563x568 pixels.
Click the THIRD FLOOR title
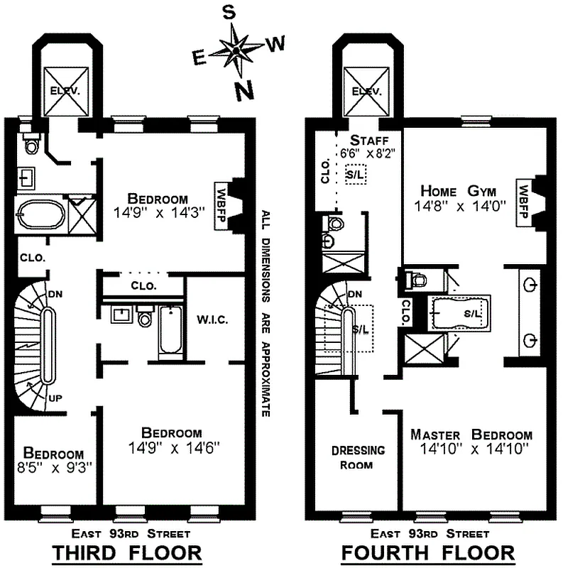point(129,552)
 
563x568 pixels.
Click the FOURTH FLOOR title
point(428,552)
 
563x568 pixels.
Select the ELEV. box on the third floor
point(67,91)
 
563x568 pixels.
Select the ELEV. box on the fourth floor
point(366,91)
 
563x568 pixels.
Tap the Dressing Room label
point(359,457)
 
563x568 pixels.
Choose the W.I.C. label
point(212,319)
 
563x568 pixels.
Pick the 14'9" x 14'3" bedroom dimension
point(157,212)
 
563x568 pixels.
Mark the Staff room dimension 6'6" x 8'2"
point(367,152)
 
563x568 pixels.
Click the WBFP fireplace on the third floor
point(221,206)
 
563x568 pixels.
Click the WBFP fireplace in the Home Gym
point(523,200)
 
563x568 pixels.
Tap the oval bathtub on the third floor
point(40,213)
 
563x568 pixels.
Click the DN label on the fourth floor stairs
point(355,294)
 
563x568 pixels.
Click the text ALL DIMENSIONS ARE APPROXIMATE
point(265,312)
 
